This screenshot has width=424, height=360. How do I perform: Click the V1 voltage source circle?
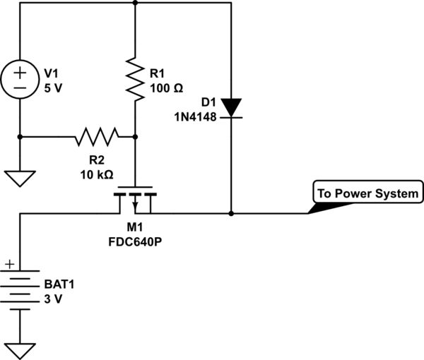click(x=20, y=80)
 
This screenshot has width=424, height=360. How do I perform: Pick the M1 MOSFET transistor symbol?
click(x=134, y=200)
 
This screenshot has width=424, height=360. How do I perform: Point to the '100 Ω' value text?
click(x=167, y=89)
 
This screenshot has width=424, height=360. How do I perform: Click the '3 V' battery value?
click(x=54, y=299)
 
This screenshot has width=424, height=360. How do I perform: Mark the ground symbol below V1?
click(x=20, y=178)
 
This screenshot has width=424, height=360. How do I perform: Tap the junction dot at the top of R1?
click(x=134, y=3)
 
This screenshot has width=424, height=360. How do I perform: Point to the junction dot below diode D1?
click(x=231, y=212)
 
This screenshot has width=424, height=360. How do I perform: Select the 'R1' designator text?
click(x=158, y=73)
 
